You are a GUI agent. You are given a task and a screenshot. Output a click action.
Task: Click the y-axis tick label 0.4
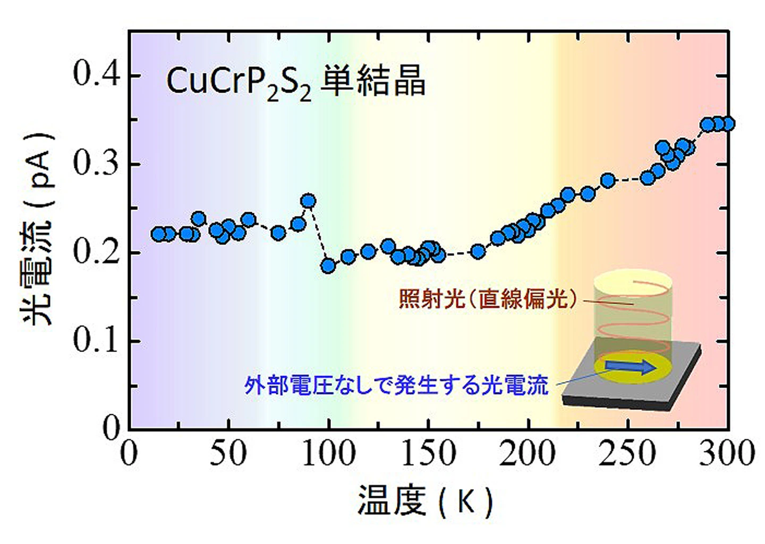[97, 75]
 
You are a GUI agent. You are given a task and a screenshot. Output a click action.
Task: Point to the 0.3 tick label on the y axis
[97, 164]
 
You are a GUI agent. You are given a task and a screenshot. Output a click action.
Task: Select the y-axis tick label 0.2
[97, 253]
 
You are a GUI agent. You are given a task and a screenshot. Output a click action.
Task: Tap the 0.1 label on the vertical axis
[97, 341]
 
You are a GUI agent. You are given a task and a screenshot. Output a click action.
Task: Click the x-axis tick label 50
[228, 453]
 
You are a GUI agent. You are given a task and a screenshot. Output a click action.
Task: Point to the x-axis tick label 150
[429, 453]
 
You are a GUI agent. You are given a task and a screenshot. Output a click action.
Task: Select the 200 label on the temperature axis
[528, 453]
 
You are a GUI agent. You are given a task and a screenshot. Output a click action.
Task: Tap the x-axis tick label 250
[628, 453]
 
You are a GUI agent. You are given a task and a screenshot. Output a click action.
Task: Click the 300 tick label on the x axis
[727, 453]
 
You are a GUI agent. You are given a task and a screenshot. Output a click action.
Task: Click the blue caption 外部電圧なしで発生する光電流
[396, 386]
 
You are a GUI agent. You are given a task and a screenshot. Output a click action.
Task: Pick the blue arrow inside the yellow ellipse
[631, 367]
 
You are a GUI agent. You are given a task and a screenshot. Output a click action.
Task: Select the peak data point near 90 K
[309, 200]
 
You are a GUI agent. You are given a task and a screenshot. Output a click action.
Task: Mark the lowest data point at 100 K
[328, 265]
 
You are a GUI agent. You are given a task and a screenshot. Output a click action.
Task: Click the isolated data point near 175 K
[478, 252]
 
